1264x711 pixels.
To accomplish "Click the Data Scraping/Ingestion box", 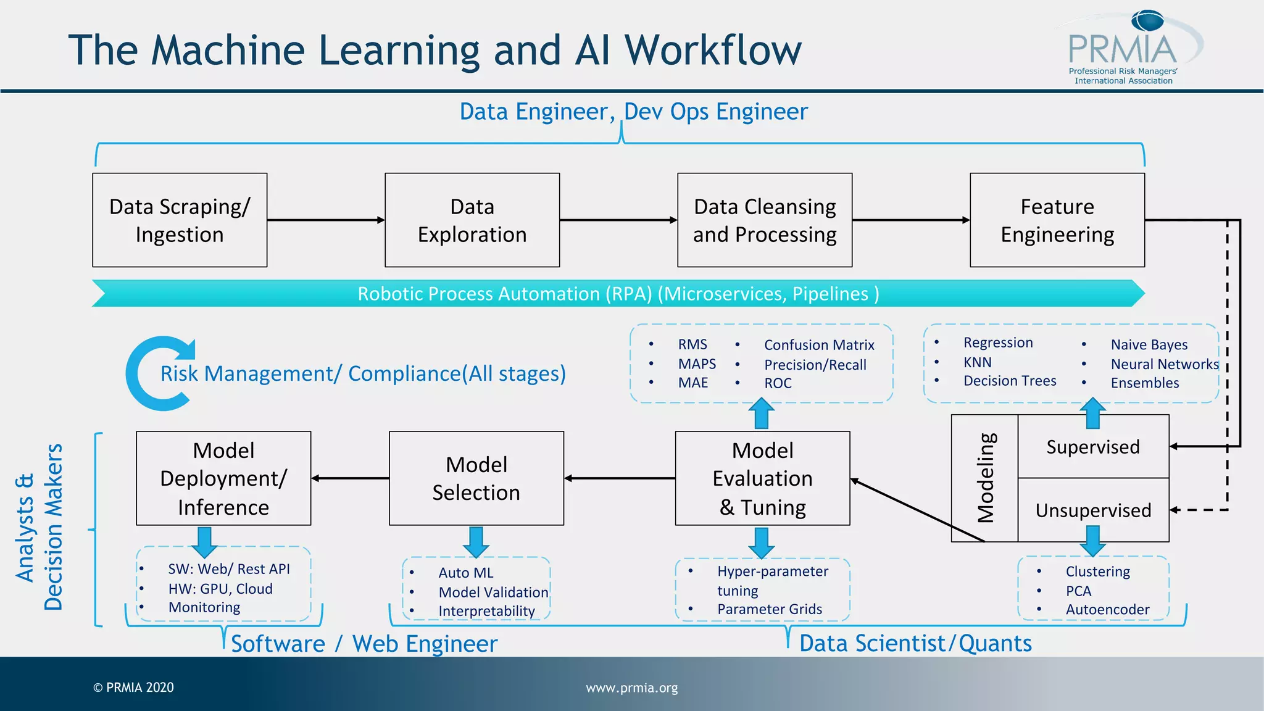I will (x=180, y=220).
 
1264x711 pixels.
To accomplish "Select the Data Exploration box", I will (x=472, y=220).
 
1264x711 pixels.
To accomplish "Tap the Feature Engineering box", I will (x=1057, y=220).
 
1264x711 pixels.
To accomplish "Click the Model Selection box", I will (x=476, y=478).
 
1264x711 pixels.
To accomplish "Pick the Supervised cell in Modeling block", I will (x=1093, y=447).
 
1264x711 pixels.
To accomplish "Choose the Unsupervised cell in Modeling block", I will (x=1093, y=510).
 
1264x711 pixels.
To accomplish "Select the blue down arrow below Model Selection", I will (x=476, y=541).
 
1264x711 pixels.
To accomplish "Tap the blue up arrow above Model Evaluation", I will (x=762, y=414).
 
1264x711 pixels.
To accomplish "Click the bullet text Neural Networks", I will (x=1164, y=364).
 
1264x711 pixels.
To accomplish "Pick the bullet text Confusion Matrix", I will (x=819, y=345).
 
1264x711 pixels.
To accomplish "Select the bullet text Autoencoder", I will (x=1107, y=610).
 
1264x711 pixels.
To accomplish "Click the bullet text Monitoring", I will (x=204, y=607).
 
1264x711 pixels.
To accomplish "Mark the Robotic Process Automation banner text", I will (x=618, y=294).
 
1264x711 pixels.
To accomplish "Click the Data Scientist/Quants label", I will (x=915, y=644).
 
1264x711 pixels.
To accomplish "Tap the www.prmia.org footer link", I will (x=631, y=688).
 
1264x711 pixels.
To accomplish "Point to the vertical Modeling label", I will (x=986, y=478).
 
